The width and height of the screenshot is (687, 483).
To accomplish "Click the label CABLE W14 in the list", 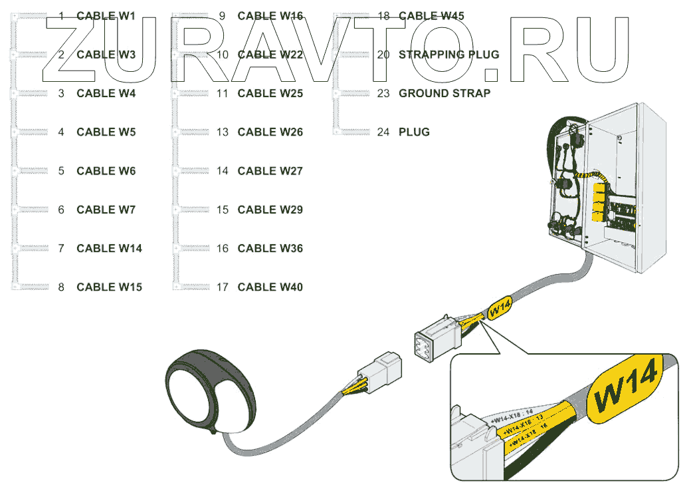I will pyautogui.click(x=109, y=249).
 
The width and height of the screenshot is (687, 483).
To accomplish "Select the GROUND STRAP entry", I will pyautogui.click(x=444, y=94).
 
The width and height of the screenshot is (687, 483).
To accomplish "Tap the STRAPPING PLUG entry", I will pyautogui.click(x=448, y=55).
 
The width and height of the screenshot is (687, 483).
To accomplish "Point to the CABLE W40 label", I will pyautogui.click(x=270, y=287).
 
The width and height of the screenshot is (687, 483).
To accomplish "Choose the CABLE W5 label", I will pyautogui.click(x=106, y=132).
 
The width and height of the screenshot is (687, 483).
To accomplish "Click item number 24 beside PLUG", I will pyautogui.click(x=383, y=132).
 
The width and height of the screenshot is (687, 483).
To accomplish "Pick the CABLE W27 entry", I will pyautogui.click(x=270, y=171).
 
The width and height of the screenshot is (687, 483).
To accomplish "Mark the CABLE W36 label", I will pyautogui.click(x=270, y=249).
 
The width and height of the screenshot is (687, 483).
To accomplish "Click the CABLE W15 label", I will pyautogui.click(x=109, y=287).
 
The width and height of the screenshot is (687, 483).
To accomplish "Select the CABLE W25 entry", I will pyautogui.click(x=270, y=94).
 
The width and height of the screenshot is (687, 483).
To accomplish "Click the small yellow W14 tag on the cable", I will pyautogui.click(x=500, y=308).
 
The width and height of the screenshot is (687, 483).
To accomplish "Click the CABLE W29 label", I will pyautogui.click(x=270, y=210).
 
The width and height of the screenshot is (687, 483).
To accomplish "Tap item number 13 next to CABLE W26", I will pyautogui.click(x=223, y=132).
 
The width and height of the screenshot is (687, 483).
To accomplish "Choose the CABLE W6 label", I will pyautogui.click(x=106, y=171).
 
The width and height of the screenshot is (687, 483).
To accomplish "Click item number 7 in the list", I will pyautogui.click(x=61, y=249).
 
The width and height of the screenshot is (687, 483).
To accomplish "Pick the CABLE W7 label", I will pyautogui.click(x=106, y=210).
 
